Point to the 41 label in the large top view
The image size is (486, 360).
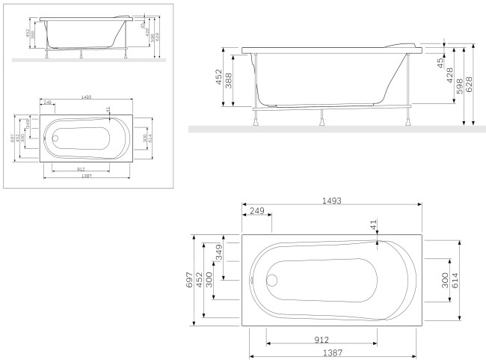[x=372, y=225]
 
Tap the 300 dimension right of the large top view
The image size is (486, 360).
[x=446, y=281]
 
